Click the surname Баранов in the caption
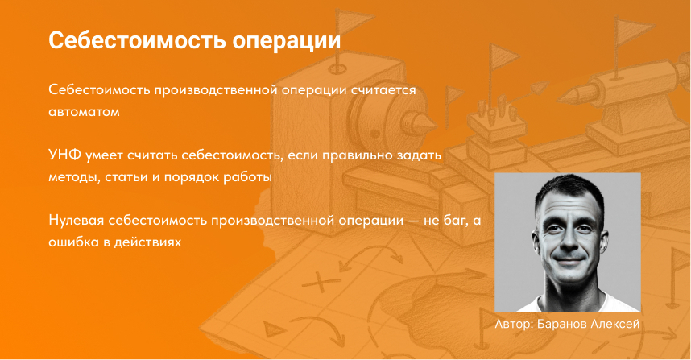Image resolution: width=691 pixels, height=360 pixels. click(x=569, y=323)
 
